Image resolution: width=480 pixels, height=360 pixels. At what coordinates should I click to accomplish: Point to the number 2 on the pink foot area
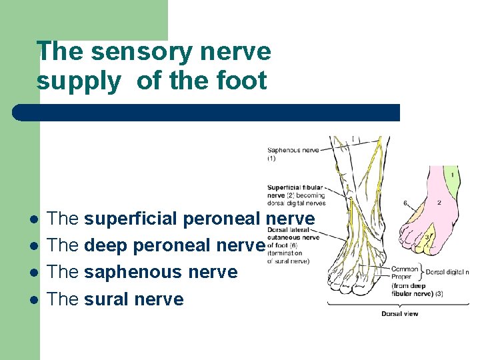tap(439, 202)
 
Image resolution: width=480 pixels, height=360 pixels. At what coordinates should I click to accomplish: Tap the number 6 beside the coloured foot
tap(405, 203)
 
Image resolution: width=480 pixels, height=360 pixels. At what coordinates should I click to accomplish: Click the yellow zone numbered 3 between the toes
tap(427, 239)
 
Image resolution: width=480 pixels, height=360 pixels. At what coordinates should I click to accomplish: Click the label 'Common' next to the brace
tap(405, 269)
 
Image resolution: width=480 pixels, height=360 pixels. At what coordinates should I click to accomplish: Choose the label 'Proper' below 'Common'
tap(404, 278)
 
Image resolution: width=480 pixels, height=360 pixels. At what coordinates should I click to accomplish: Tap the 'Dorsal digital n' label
tap(447, 272)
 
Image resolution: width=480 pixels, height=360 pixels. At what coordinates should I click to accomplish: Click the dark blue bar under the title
tap(207, 112)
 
